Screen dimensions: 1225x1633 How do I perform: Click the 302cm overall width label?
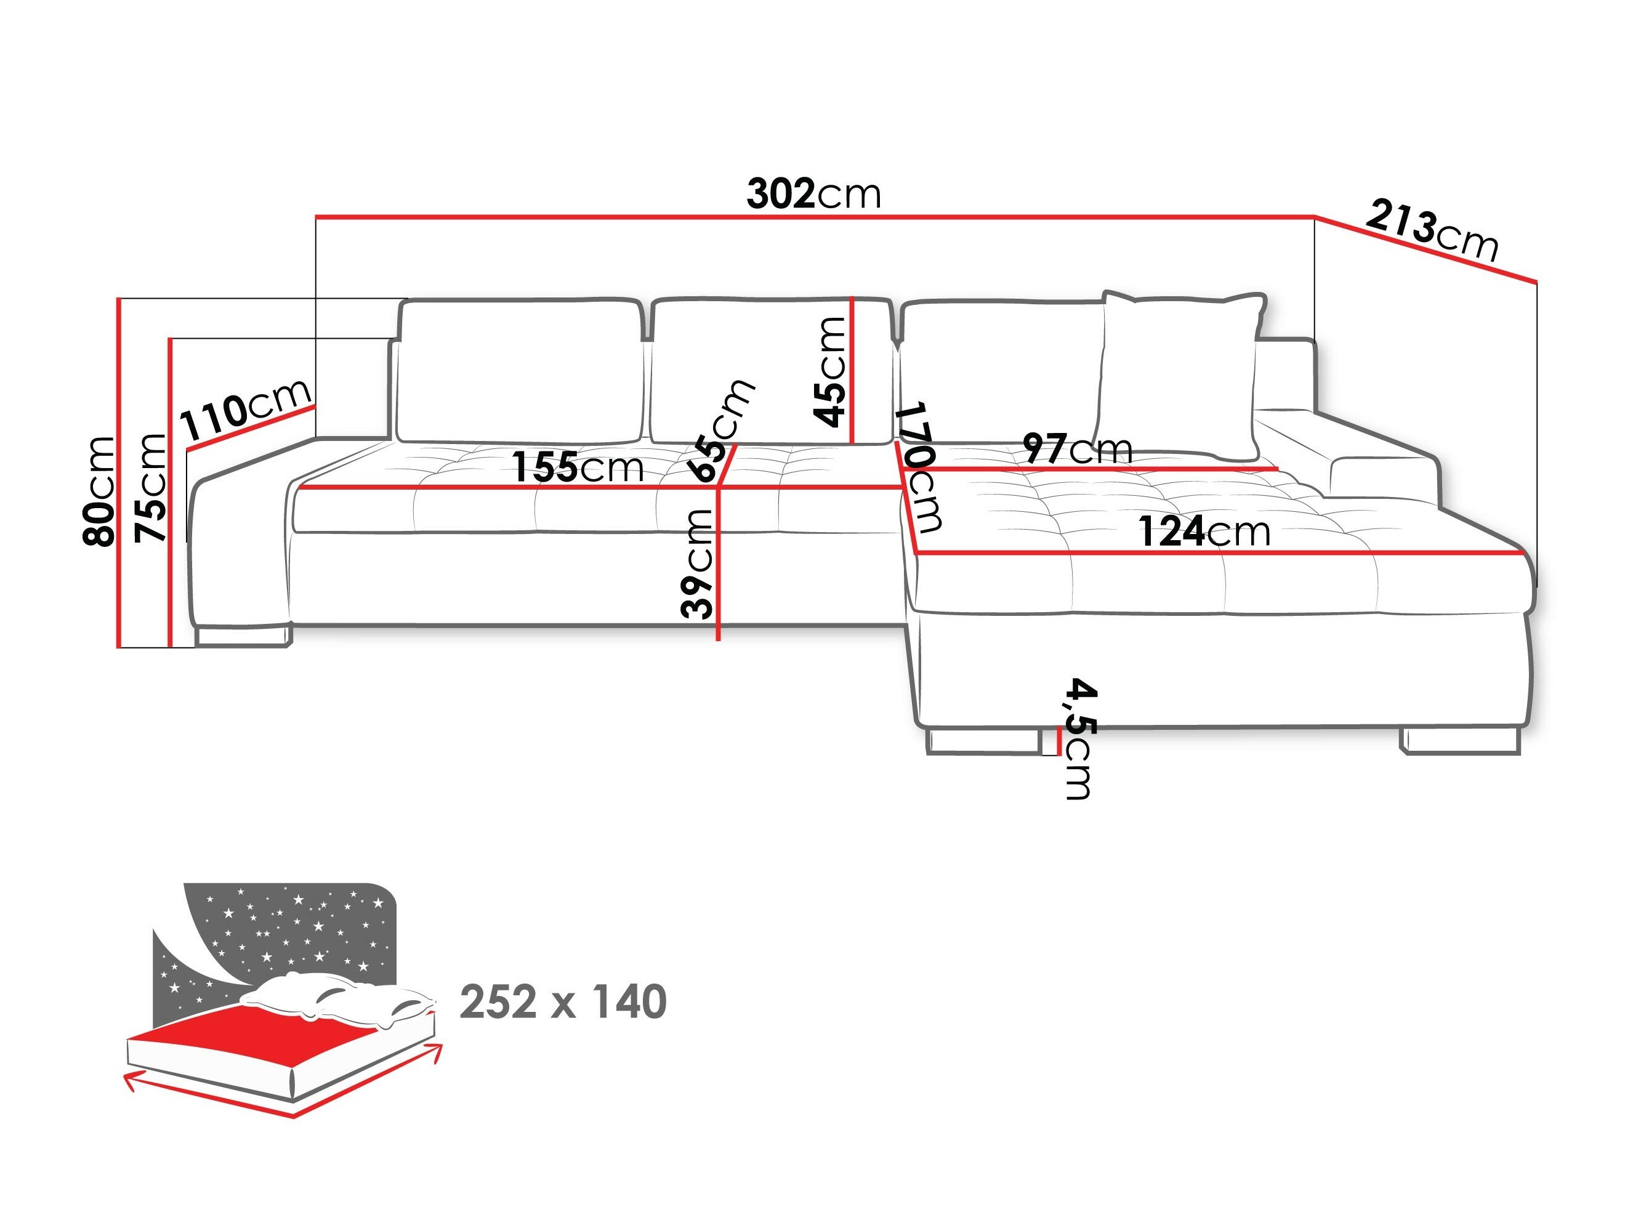point(813,194)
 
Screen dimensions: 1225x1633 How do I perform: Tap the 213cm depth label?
point(1432,231)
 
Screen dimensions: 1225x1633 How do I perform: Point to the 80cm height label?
point(99,491)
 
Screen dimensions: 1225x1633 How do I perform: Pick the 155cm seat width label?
point(578,467)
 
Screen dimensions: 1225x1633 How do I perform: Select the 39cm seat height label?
point(697,564)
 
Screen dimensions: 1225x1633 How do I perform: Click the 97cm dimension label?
point(1077,448)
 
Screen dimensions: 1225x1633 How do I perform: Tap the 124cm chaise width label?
point(1204,532)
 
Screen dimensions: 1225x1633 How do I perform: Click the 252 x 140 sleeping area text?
point(563,1002)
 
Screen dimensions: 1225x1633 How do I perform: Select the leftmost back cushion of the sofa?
point(520,369)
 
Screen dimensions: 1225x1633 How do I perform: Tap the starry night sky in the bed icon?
point(296,927)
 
